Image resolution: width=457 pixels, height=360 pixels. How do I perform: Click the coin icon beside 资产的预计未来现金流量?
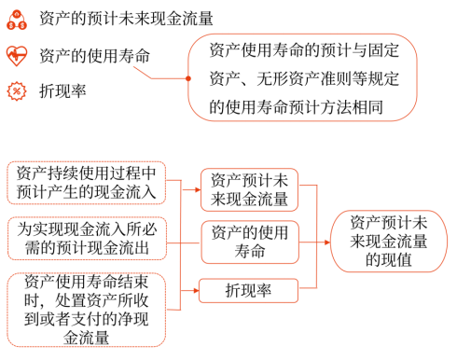16,18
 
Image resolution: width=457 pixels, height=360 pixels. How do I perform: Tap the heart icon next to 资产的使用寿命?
16,55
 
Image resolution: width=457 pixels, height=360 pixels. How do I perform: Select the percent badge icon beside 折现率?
16,90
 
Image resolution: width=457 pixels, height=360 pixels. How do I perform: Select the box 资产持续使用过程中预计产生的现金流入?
87,184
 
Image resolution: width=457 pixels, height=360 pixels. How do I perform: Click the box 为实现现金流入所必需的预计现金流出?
87,238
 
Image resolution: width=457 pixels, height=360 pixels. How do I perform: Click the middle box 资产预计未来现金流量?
248,189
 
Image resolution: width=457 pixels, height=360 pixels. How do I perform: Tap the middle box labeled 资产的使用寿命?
248,241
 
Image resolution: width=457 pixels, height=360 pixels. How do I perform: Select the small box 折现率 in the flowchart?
248,290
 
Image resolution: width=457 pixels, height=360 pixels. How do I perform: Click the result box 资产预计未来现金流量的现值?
389,241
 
